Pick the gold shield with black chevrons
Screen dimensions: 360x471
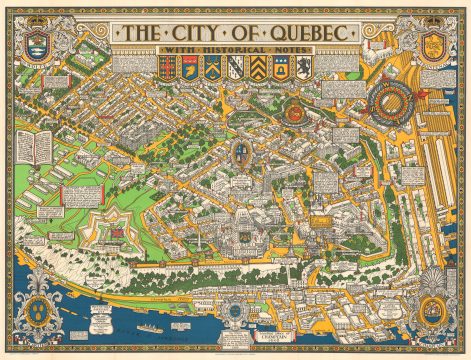click(259, 68)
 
